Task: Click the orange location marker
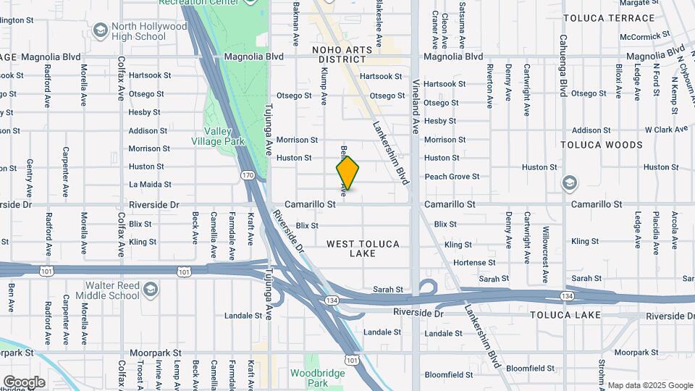point(348,173)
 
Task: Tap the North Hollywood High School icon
point(101,30)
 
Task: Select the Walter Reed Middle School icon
point(150,290)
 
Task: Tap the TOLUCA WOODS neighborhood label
point(602,145)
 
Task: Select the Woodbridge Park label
point(309,378)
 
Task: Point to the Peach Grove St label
point(452,177)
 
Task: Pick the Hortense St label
point(474,263)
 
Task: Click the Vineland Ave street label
point(416,115)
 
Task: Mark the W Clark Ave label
point(666,130)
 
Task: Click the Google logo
point(24,382)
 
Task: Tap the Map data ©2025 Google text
point(649,385)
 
